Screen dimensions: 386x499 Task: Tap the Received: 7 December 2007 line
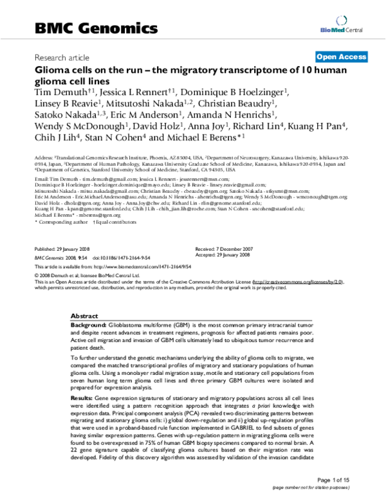tap(228, 248)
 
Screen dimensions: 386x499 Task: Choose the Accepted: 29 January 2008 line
tap(228, 255)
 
